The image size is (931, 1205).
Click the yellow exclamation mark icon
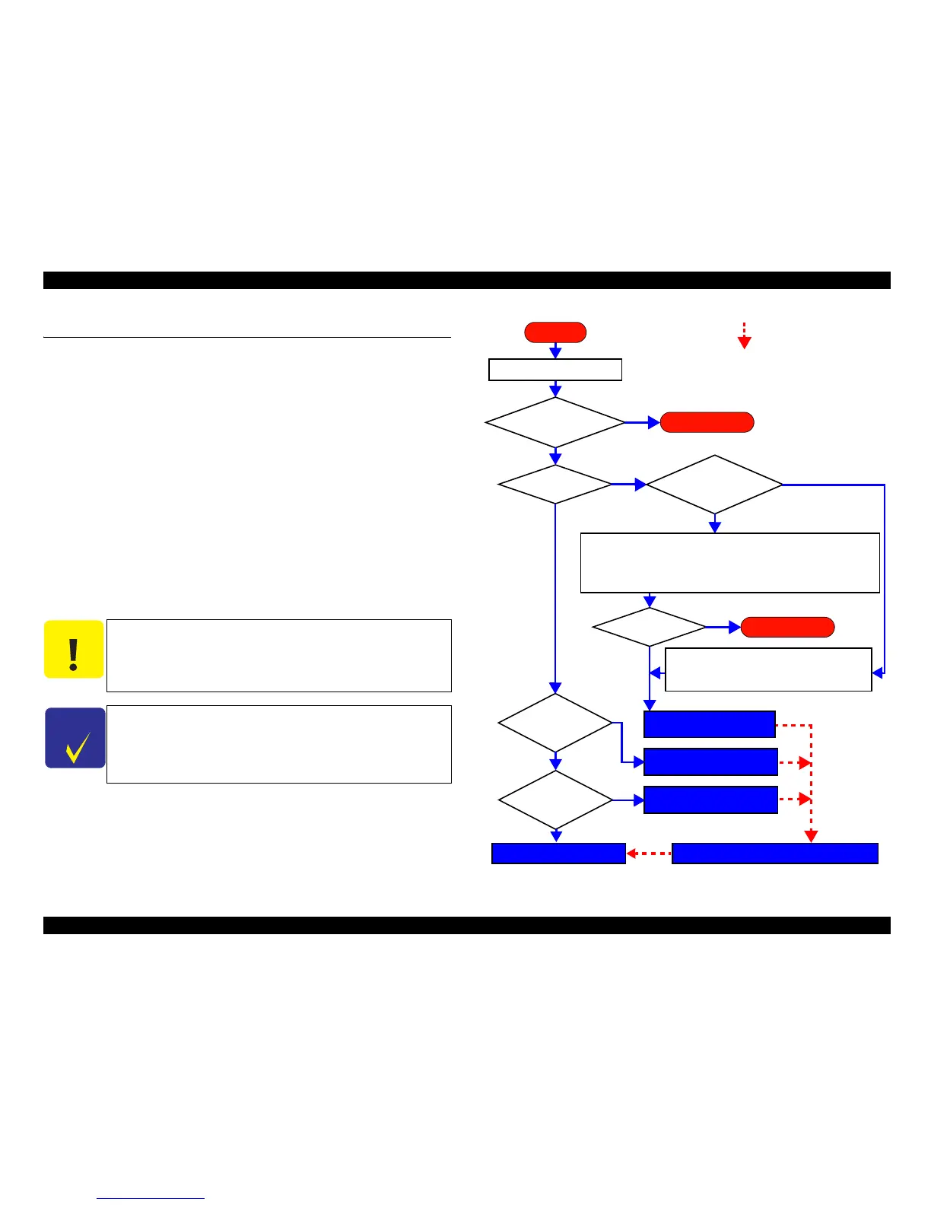pyautogui.click(x=73, y=650)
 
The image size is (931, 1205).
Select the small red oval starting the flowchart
pyautogui.click(x=555, y=332)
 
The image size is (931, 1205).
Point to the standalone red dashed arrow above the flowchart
pyautogui.click(x=745, y=335)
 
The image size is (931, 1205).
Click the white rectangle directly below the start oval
pyautogui.click(x=555, y=370)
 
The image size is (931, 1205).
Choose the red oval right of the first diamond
pyautogui.click(x=707, y=422)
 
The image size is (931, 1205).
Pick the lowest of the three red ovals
pyautogui.click(x=787, y=627)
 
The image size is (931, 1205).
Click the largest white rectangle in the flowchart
pyautogui.click(x=729, y=563)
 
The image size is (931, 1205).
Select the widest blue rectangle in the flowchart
pyautogui.click(x=774, y=854)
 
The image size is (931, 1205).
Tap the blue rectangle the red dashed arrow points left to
pyautogui.click(x=558, y=854)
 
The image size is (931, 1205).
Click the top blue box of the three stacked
pyautogui.click(x=709, y=724)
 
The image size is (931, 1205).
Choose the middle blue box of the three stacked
pyautogui.click(x=710, y=761)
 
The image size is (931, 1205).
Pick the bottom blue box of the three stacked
pyautogui.click(x=710, y=800)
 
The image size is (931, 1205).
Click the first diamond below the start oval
pyautogui.click(x=555, y=422)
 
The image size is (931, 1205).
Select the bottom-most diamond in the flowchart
pyautogui.click(x=555, y=800)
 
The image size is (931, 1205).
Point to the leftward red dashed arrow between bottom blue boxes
pyautogui.click(x=649, y=854)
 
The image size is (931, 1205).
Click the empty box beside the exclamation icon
pyautogui.click(x=278, y=656)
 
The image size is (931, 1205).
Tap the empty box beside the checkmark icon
pyautogui.click(x=278, y=744)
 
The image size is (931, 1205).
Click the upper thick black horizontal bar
pyautogui.click(x=466, y=280)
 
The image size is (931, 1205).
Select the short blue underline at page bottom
pyautogui.click(x=151, y=1198)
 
